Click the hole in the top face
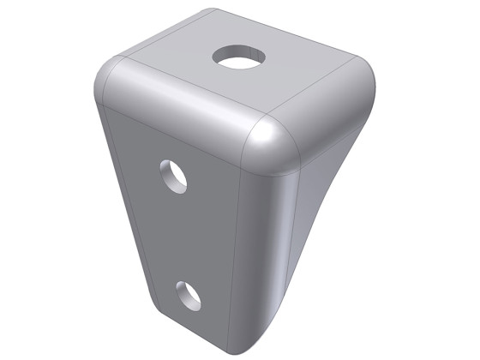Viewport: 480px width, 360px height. [x=239, y=57]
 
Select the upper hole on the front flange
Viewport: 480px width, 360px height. [x=174, y=175]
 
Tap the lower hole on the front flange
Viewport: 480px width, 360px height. [x=189, y=294]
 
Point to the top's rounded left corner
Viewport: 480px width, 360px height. [x=106, y=77]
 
